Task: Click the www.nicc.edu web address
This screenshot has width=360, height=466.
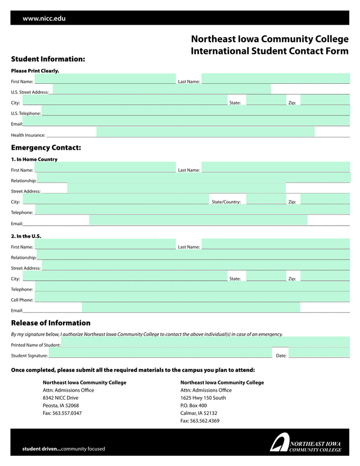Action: (x=44, y=19)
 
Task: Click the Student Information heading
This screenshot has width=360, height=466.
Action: (x=48, y=59)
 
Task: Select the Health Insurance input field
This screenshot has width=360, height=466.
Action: (x=205, y=132)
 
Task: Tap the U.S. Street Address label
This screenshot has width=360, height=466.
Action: (x=30, y=92)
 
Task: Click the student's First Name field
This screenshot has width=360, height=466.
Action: (x=105, y=79)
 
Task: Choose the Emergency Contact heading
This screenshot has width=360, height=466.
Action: (x=46, y=147)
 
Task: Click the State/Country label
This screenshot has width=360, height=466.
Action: (x=226, y=202)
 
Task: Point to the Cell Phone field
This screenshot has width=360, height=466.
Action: (x=192, y=297)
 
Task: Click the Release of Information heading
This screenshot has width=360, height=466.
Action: (x=51, y=323)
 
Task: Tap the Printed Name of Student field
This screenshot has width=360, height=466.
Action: (x=205, y=342)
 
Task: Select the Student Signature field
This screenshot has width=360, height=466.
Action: (x=160, y=353)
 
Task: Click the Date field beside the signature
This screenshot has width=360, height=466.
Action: (x=319, y=353)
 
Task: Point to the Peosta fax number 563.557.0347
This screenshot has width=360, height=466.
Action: (x=62, y=413)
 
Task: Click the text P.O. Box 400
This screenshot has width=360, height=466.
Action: (x=193, y=405)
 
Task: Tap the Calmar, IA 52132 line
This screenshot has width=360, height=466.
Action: (x=199, y=413)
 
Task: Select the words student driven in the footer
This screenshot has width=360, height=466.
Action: (x=40, y=449)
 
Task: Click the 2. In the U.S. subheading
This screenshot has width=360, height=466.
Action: (x=26, y=236)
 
